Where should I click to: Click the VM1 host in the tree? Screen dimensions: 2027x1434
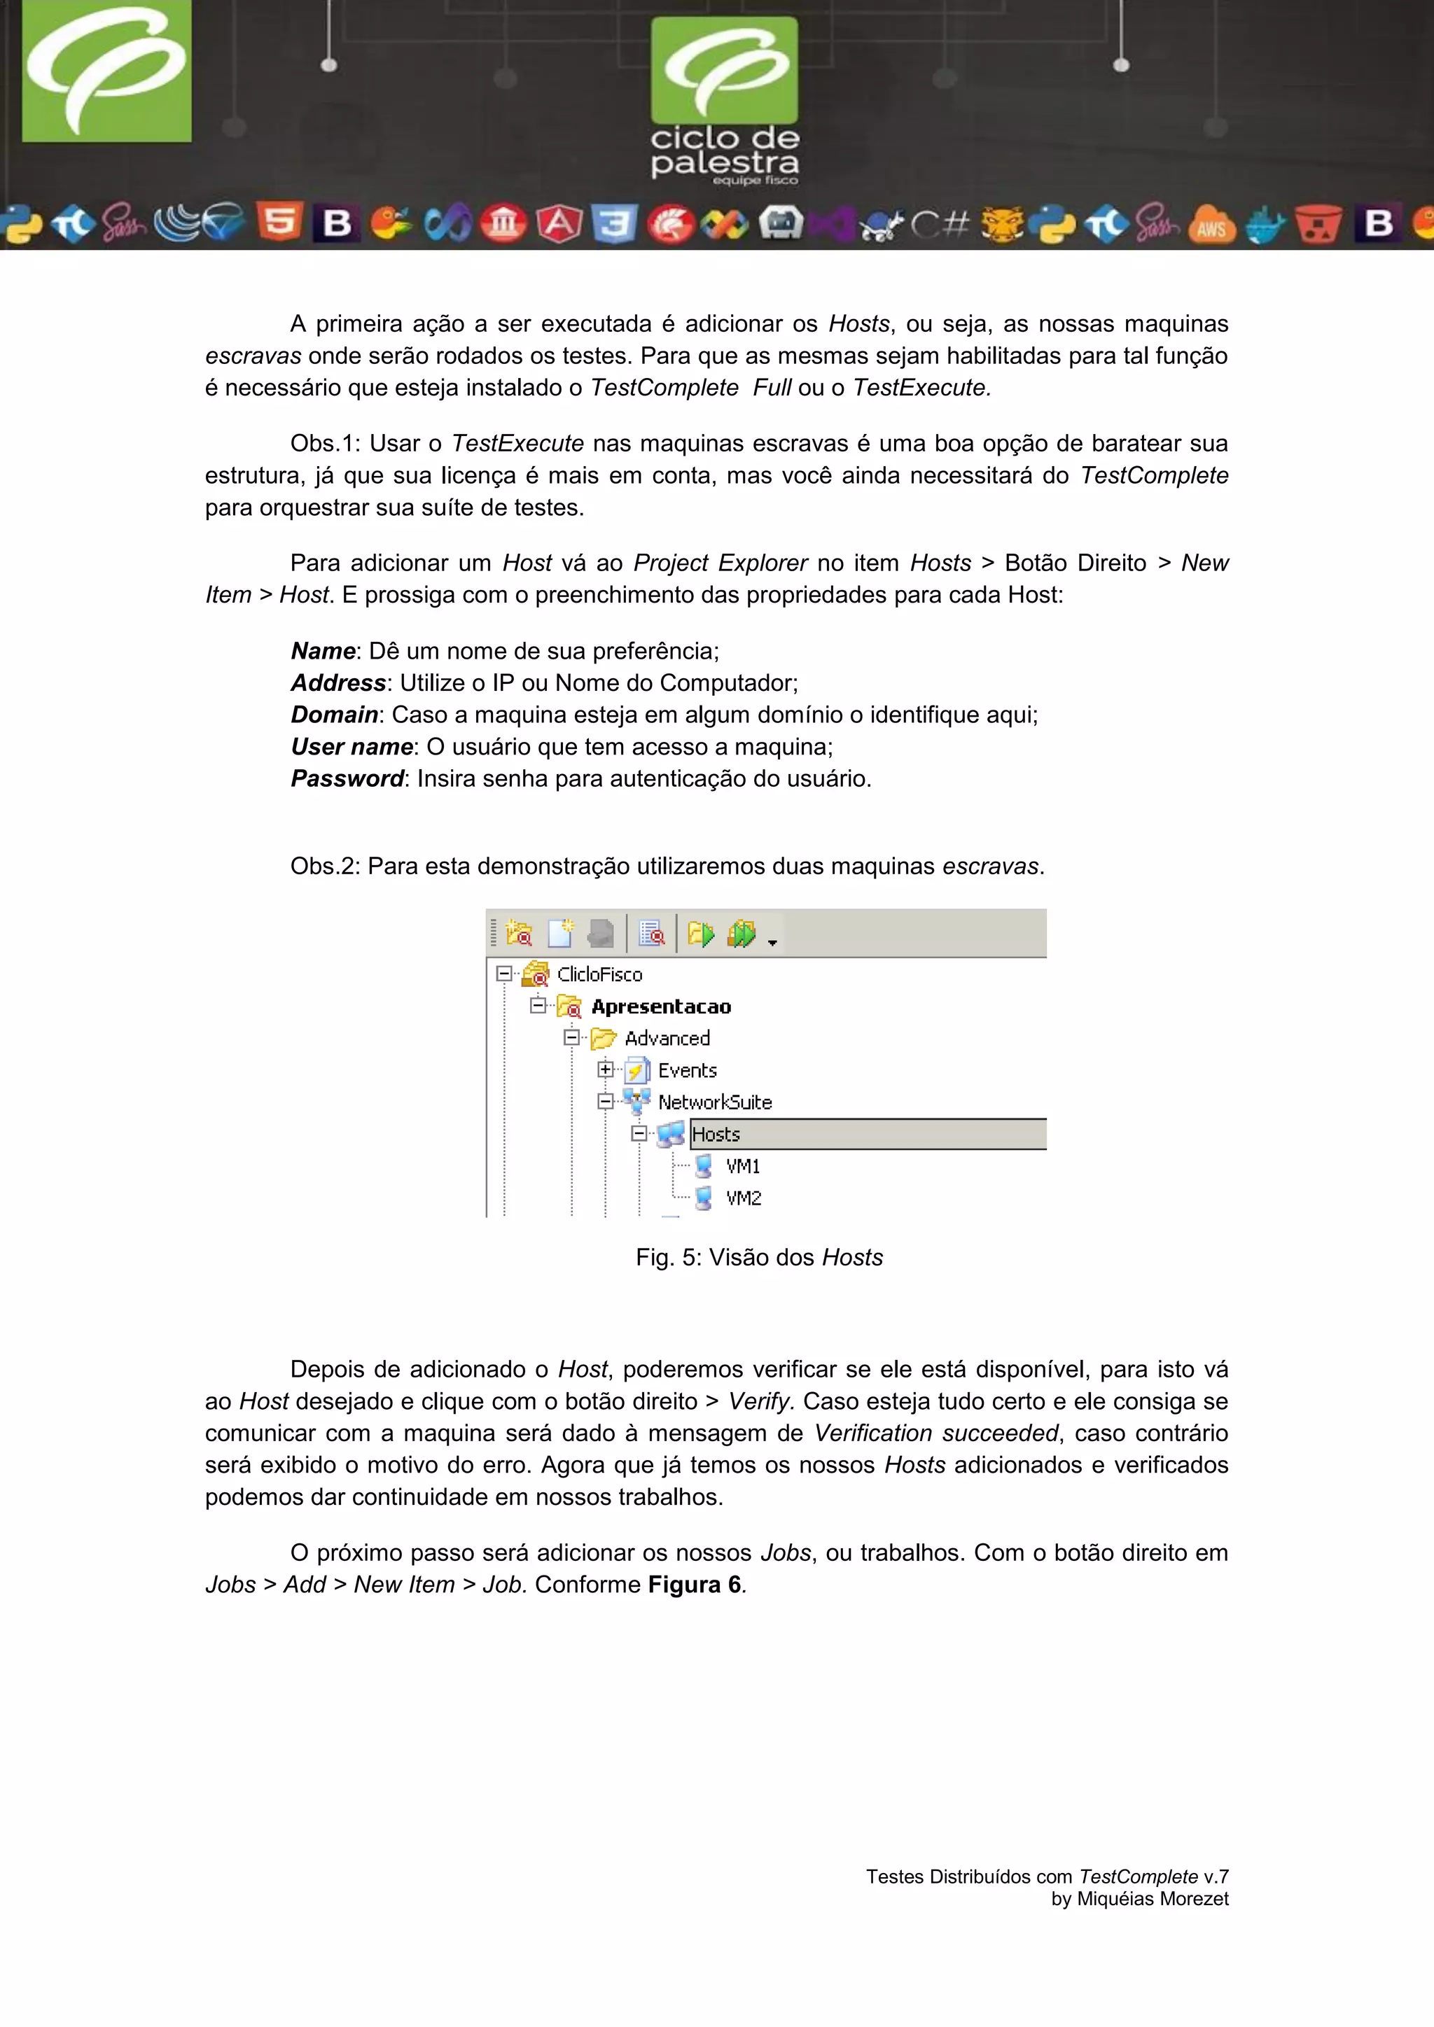coord(742,1166)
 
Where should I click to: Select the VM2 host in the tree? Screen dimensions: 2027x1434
coord(743,1198)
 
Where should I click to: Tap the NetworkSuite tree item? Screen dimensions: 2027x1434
coord(714,1102)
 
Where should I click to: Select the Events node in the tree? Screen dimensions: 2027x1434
coord(687,1070)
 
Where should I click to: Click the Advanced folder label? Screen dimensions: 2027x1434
coord(667,1038)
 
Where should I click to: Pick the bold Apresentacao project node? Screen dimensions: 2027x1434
coord(660,1007)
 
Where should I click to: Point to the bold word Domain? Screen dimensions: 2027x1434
coord(335,715)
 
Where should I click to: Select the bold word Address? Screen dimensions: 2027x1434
coord(338,683)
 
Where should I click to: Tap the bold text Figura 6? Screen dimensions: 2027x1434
coord(694,1585)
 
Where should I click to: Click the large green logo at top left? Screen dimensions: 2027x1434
coord(106,71)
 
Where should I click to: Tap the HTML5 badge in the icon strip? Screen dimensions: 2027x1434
coord(280,223)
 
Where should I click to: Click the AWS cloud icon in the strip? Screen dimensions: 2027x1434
coord(1211,226)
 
